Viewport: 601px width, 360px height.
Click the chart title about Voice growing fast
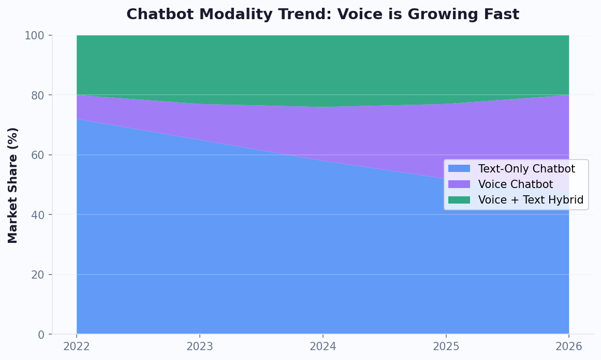(x=323, y=15)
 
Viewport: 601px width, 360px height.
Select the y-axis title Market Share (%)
(x=13, y=185)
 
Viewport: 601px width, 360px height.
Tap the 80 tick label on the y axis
(x=38, y=95)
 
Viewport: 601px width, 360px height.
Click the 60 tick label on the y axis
(x=38, y=155)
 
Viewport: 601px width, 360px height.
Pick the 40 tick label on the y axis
(x=38, y=215)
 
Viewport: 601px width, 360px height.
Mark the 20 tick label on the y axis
(x=38, y=275)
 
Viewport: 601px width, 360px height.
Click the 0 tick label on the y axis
(x=41, y=335)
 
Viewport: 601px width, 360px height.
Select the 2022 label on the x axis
(x=77, y=347)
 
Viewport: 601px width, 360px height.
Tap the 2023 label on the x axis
(x=200, y=347)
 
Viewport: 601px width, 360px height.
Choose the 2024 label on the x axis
(x=323, y=347)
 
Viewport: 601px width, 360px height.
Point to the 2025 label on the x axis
(x=446, y=347)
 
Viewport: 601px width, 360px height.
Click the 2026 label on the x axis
(x=569, y=347)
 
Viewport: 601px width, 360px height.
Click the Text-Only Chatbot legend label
(x=526, y=169)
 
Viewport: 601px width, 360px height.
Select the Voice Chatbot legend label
(x=515, y=184)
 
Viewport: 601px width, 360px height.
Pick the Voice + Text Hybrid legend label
(x=531, y=200)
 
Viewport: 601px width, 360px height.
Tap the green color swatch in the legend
(x=459, y=200)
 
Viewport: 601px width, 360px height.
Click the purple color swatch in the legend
(x=459, y=184)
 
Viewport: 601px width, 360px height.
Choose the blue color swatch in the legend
(x=459, y=169)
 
